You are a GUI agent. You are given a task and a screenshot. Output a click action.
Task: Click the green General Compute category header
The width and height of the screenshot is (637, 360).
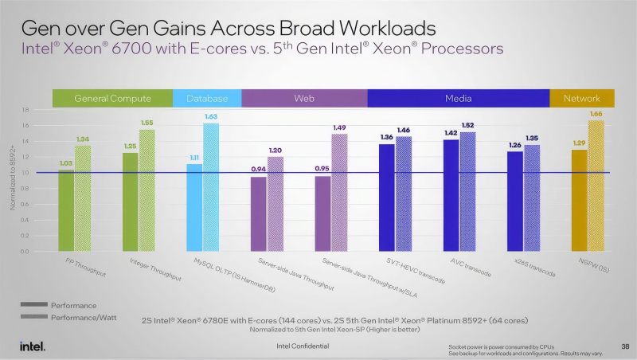click(112, 98)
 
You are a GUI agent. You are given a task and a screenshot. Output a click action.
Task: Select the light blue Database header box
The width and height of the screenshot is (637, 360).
click(207, 98)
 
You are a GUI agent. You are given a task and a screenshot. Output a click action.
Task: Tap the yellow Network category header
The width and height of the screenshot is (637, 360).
click(582, 98)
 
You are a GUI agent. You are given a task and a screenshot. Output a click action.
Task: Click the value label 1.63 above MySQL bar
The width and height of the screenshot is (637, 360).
click(210, 117)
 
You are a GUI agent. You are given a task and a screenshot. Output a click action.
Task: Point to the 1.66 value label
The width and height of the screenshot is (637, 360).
click(596, 115)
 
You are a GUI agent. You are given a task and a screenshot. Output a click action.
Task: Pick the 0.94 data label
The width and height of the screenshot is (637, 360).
click(258, 170)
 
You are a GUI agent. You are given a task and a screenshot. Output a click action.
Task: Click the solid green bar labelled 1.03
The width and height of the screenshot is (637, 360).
click(66, 210)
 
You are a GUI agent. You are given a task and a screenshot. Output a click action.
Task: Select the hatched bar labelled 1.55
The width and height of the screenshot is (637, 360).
click(147, 190)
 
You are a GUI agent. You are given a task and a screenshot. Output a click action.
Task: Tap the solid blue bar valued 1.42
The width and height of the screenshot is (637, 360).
click(451, 195)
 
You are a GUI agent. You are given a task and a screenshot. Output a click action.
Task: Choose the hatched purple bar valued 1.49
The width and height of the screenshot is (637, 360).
click(339, 193)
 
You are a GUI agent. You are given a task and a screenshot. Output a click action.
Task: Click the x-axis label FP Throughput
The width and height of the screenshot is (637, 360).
click(86, 267)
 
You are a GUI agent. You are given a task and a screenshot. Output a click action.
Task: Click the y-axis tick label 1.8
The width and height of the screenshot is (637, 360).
click(25, 109)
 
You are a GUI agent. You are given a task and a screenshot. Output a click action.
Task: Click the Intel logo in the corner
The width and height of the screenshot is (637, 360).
click(32, 346)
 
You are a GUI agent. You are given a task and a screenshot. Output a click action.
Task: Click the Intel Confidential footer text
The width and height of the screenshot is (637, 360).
click(302, 346)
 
